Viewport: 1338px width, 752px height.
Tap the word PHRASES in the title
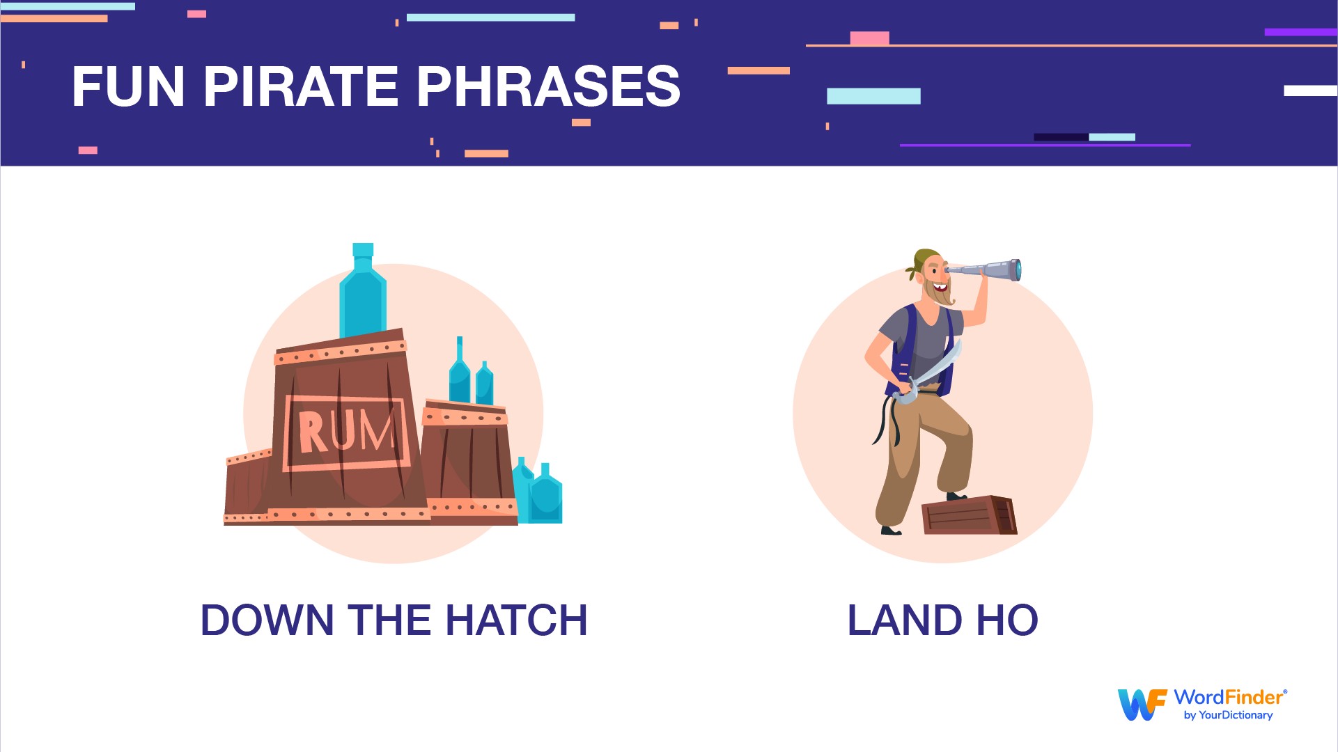(548, 86)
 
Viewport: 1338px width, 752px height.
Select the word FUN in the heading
(129, 87)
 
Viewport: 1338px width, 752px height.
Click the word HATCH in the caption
(517, 620)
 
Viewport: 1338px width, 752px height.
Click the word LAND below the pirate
(905, 620)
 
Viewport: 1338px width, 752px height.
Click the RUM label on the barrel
(346, 432)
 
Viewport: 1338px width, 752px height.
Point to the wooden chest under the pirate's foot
(969, 515)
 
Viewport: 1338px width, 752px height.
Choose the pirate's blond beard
(940, 292)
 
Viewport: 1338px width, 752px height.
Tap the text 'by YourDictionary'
(1228, 715)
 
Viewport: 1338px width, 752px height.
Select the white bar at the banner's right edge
(1311, 91)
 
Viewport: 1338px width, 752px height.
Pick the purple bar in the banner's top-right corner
(1300, 32)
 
